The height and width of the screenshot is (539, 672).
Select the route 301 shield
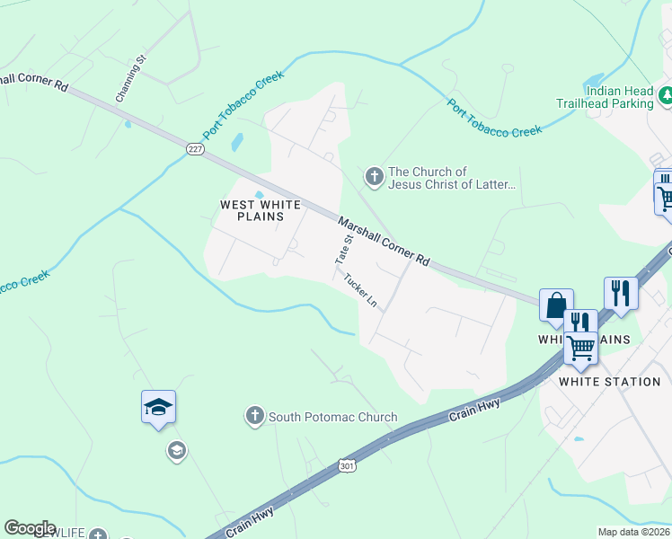pyautogui.click(x=347, y=465)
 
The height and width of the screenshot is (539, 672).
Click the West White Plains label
pyautogui.click(x=252, y=210)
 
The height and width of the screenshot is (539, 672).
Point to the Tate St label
pyautogui.click(x=341, y=250)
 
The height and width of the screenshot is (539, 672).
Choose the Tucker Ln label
pyautogui.click(x=360, y=289)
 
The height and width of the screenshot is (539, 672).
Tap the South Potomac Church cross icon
pyautogui.click(x=254, y=416)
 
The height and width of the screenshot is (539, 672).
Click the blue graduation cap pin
pyautogui.click(x=158, y=408)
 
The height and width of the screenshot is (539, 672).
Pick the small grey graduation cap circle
pyautogui.click(x=177, y=450)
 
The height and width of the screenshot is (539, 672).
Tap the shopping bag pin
pyautogui.click(x=556, y=305)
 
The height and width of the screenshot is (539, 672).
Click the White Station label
pyautogui.click(x=609, y=382)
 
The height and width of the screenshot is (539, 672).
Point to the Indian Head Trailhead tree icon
pyautogui.click(x=666, y=93)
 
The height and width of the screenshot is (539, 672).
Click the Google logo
pyautogui.click(x=30, y=528)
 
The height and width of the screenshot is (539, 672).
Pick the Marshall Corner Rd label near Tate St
pyautogui.click(x=384, y=240)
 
